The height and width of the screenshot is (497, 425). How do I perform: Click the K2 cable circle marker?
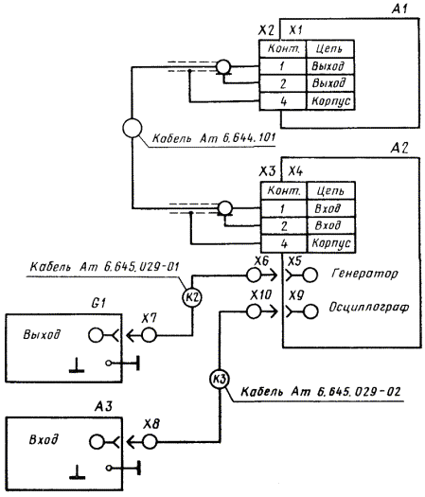tap(192, 297)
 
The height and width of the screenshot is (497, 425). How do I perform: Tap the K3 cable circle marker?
tap(219, 379)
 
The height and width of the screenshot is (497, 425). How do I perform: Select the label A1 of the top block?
tap(399, 9)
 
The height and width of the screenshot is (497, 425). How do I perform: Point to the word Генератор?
tap(364, 274)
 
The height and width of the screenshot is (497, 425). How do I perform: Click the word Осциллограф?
tap(369, 307)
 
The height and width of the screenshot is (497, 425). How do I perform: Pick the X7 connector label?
tap(149, 318)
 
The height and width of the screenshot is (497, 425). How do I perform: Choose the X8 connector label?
tap(151, 424)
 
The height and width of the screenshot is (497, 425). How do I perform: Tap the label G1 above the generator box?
tap(97, 304)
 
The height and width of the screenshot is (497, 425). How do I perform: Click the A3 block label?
tap(103, 406)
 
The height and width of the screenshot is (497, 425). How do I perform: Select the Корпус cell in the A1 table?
tap(331, 101)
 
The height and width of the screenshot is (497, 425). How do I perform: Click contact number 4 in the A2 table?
tap(284, 243)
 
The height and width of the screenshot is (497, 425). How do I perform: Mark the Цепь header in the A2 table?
tap(330, 191)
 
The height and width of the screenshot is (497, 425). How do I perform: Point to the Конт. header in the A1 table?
tap(283, 48)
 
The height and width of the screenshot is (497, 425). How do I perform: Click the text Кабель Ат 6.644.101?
tap(214, 138)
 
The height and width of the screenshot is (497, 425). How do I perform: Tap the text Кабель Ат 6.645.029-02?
tap(321, 392)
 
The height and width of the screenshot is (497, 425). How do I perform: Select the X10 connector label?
tap(261, 295)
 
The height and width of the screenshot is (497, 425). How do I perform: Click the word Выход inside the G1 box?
tap(42, 335)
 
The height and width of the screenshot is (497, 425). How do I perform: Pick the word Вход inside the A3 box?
tap(44, 440)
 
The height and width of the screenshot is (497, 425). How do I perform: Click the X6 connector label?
tap(261, 261)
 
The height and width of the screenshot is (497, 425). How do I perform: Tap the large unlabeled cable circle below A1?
tap(133, 128)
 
